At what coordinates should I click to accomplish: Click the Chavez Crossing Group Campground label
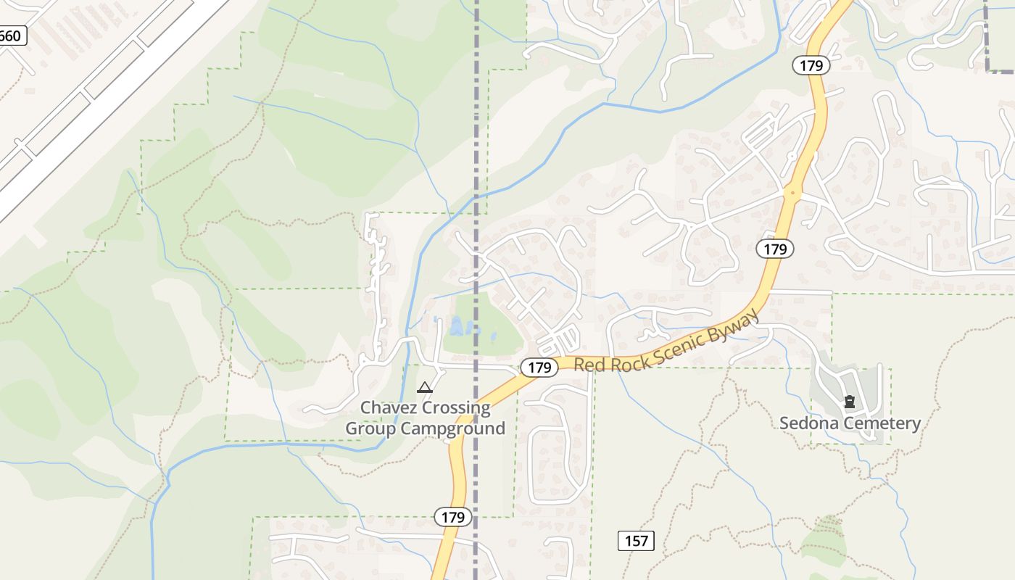[425, 418]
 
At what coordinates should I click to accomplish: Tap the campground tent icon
[425, 388]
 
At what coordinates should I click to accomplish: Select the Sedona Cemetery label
[850, 423]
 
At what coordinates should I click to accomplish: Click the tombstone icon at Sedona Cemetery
[850, 401]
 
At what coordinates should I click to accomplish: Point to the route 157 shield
[637, 540]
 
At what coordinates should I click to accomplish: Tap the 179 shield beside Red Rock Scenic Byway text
[539, 368]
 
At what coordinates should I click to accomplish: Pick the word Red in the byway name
[587, 364]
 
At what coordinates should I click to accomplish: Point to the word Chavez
[389, 407]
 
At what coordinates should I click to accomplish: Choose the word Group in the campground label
[370, 428]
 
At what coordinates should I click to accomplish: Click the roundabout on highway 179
[792, 194]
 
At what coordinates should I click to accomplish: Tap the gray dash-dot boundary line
[476, 145]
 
